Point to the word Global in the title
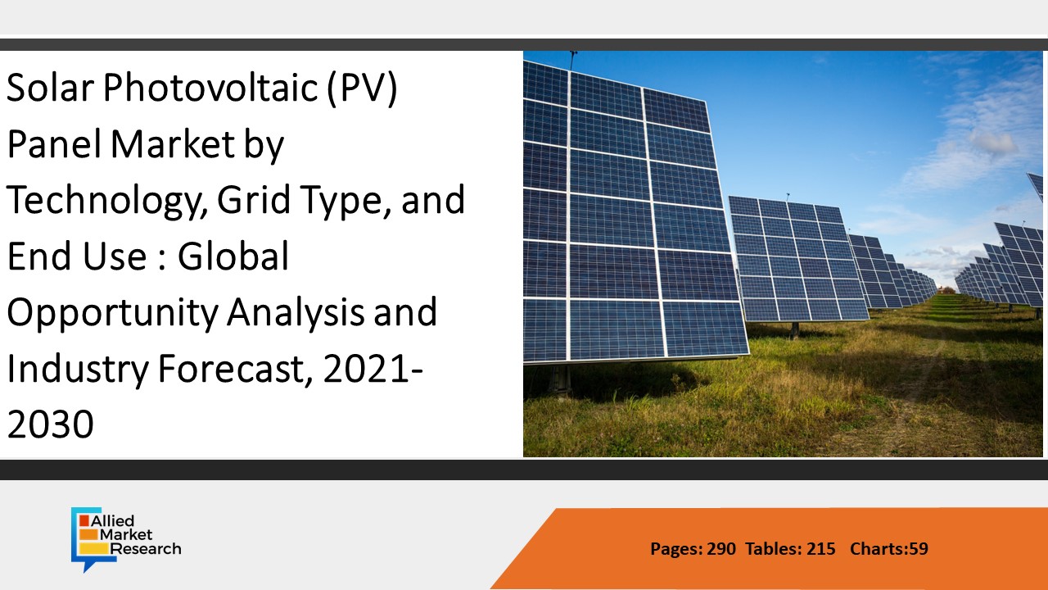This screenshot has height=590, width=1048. click(x=235, y=256)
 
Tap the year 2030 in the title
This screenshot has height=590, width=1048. click(x=50, y=424)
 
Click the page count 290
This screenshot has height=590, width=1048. click(x=721, y=549)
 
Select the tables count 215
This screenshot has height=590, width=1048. click(x=820, y=549)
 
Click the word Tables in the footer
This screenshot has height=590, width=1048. click(x=773, y=549)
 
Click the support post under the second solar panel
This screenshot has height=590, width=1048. click(x=794, y=329)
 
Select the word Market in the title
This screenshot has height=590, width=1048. click(x=173, y=145)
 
